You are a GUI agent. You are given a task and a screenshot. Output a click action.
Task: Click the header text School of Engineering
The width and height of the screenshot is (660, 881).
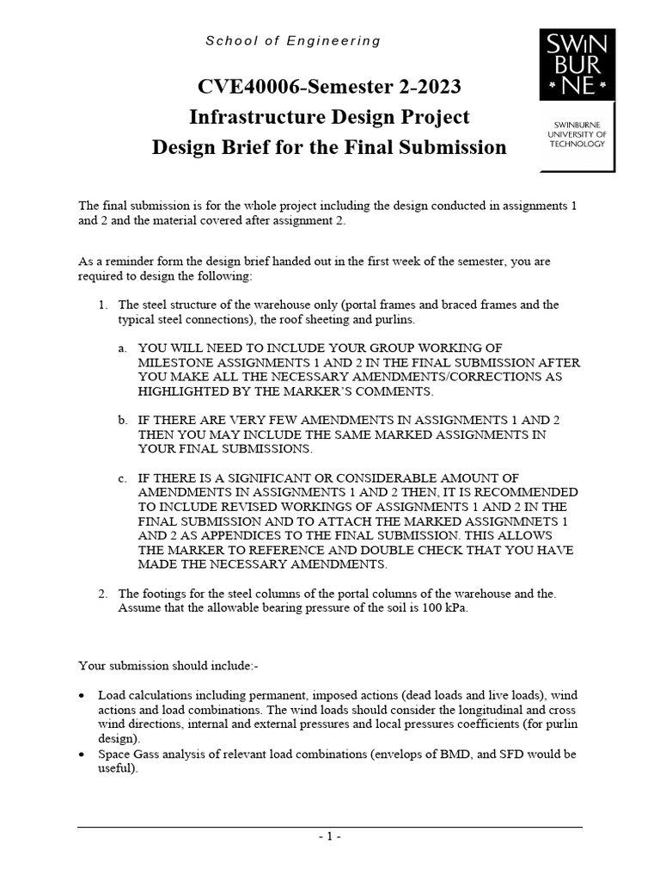coord(293,40)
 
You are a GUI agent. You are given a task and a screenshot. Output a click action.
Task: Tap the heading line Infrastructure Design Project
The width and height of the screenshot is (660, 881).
coord(329,116)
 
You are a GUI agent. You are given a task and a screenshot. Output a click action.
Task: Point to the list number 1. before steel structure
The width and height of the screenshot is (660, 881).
coord(101,305)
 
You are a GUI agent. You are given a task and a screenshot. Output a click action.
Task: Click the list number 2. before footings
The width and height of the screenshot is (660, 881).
coord(101,594)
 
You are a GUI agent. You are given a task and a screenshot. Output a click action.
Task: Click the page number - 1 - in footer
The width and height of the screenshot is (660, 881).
coord(330,835)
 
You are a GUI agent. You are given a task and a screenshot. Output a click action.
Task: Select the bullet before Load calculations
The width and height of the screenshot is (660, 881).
coord(81,695)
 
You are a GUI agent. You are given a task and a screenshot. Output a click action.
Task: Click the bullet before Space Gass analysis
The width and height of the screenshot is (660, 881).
coord(81,755)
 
